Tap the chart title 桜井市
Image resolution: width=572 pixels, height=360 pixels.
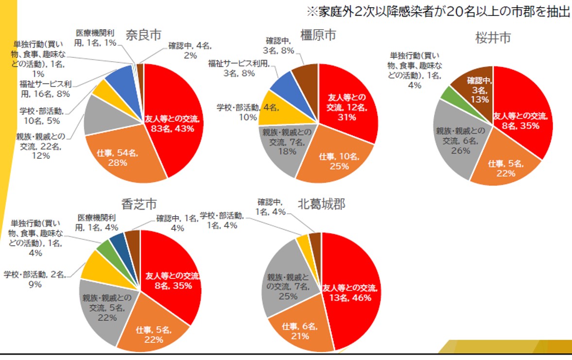pos(493,38)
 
